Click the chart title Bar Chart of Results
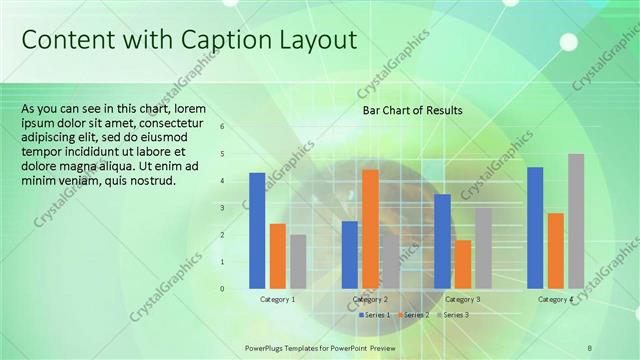(412, 111)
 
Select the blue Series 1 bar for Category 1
(257, 230)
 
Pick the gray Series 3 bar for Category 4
(575, 221)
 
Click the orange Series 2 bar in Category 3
(462, 264)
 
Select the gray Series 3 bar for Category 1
(298, 261)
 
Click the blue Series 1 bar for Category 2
(349, 254)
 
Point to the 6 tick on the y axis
(222, 127)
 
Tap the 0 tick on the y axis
(222, 289)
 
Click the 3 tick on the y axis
(222, 208)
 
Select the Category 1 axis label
(277, 300)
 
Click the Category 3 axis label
(462, 300)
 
